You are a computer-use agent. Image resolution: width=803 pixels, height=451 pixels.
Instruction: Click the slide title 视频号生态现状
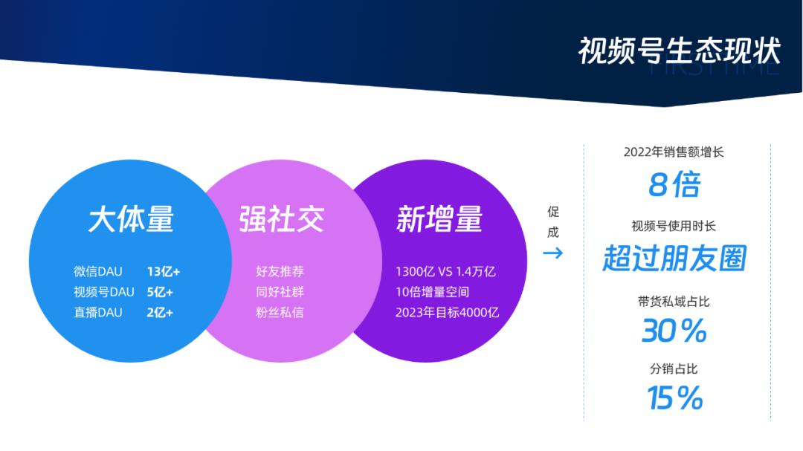(x=679, y=51)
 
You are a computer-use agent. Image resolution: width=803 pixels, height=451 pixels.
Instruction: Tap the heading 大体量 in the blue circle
(x=131, y=219)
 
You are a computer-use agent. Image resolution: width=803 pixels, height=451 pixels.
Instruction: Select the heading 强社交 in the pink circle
(x=282, y=219)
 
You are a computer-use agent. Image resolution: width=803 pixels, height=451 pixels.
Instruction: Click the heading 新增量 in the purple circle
(x=439, y=219)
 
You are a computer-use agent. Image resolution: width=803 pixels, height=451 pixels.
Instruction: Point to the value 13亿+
(x=164, y=271)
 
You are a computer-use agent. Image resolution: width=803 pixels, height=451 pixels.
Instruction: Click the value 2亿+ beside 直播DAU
(x=160, y=312)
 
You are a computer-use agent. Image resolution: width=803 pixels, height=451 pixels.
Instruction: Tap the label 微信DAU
(x=97, y=271)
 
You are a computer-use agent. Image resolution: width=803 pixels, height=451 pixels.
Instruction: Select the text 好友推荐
(x=280, y=271)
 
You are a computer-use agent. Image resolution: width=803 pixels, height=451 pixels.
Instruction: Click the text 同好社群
(x=280, y=292)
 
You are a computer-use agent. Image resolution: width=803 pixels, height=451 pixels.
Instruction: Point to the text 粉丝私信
(x=280, y=312)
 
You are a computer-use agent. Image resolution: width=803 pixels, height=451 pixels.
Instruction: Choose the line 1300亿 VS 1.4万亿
(x=445, y=271)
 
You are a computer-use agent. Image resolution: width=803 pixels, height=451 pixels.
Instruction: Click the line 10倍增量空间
(x=432, y=292)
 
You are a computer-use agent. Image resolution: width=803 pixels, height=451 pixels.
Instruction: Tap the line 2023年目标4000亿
(x=447, y=312)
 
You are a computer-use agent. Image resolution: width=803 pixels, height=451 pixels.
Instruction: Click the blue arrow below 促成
(x=552, y=253)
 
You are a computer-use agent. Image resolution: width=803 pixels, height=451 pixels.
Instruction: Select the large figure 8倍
(x=674, y=185)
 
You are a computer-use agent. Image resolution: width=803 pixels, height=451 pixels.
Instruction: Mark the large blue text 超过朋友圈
(x=674, y=259)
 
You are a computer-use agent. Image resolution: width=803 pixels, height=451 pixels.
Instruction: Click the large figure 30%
(x=674, y=331)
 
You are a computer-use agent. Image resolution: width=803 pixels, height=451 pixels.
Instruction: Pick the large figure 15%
(x=674, y=398)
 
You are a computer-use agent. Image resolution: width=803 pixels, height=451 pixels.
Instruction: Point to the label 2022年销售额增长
(x=674, y=152)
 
